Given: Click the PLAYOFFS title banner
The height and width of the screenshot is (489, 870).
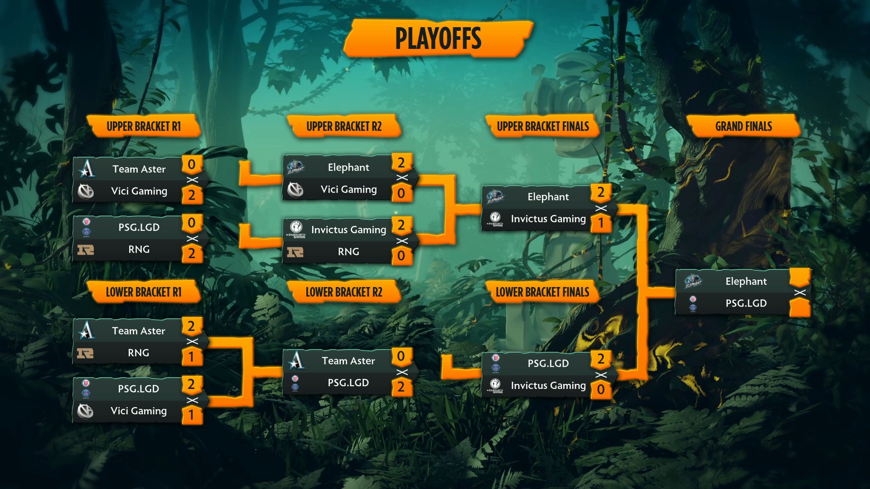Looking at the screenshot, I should point(438,38).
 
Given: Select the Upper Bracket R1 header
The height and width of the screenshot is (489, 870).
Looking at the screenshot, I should point(144,126).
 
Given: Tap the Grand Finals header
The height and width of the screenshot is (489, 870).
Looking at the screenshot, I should point(744,126).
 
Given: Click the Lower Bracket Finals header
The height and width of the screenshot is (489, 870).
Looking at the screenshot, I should point(542,292).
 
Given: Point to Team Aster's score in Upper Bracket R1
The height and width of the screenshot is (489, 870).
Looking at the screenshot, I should point(192,164).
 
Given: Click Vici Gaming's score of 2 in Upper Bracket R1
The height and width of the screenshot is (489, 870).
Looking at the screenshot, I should point(192,195).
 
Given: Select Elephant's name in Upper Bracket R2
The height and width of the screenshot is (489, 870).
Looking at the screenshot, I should point(348,168).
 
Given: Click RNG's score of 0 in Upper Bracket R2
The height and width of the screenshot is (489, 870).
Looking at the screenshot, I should point(401,256).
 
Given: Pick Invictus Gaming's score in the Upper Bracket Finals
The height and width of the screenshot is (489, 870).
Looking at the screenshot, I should point(601,223).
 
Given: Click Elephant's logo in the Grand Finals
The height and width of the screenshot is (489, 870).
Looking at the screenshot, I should point(693,281).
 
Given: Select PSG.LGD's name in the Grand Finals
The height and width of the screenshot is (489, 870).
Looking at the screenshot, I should point(746,303).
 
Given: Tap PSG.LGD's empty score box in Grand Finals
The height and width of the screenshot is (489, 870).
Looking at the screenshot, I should point(800,308).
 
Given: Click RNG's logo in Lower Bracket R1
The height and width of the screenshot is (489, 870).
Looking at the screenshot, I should point(85,353).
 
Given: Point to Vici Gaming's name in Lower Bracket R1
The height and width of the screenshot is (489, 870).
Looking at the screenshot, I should point(139,411).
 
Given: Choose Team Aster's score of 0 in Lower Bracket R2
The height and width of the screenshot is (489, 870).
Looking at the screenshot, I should point(401,356).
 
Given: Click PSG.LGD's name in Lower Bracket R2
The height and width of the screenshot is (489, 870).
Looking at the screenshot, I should point(348,383).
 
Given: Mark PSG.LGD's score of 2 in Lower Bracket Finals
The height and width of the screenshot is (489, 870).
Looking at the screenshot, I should point(601,359).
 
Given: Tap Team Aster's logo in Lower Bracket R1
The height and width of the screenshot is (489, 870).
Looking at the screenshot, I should point(86,330).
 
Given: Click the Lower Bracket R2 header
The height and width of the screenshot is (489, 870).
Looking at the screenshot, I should point(344,292).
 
